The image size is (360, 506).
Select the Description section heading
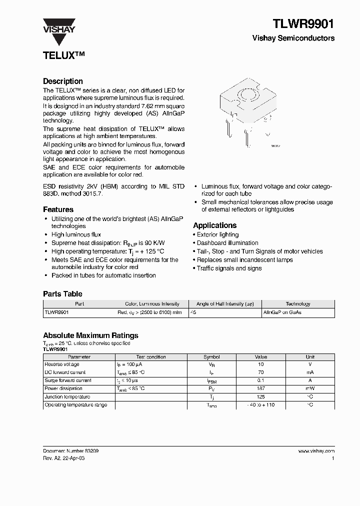point(63,81)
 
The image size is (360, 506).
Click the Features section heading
point(58,209)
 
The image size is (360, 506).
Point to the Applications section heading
point(215,225)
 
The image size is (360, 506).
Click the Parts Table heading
point(62,294)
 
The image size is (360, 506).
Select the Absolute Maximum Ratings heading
point(90,335)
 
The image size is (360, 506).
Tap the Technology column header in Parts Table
point(298,304)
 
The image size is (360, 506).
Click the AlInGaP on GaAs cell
point(282,312)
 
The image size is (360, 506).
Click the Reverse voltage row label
point(62,364)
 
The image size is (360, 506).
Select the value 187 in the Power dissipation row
point(261,388)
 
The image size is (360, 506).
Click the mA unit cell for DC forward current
point(310,372)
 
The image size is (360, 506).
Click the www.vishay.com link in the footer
point(316,451)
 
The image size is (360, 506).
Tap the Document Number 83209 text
point(70,451)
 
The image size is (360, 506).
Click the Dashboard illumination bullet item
point(227,243)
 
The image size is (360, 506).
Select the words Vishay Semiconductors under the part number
point(293,38)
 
